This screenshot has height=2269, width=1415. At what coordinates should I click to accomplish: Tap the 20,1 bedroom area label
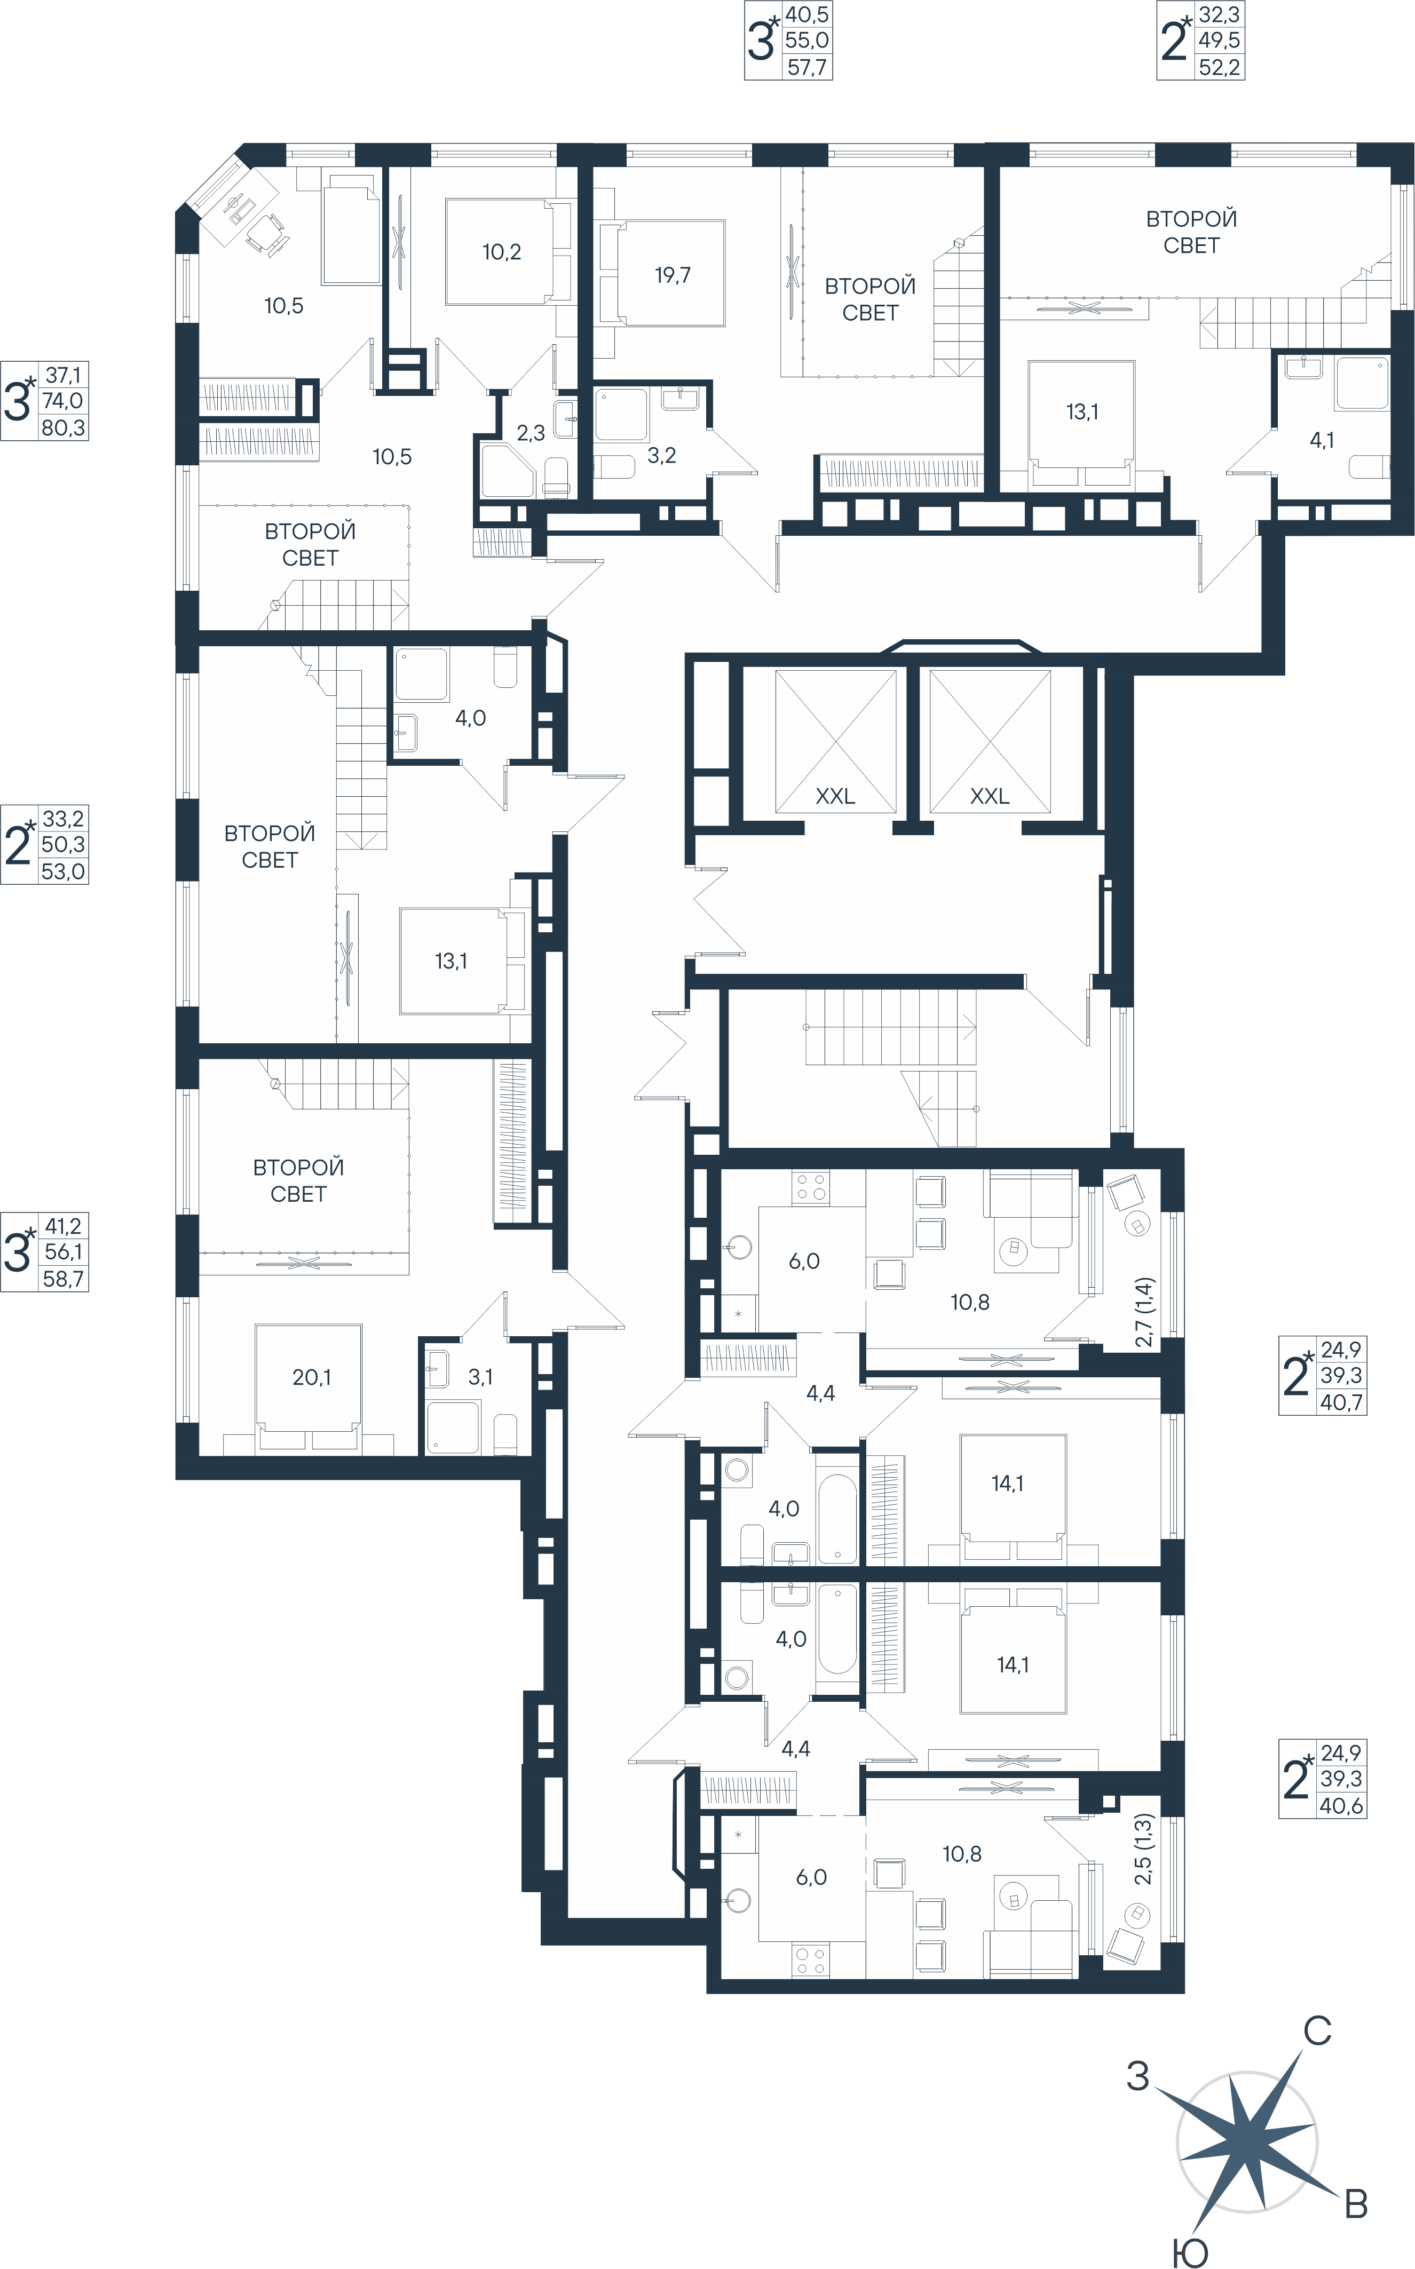point(312,1377)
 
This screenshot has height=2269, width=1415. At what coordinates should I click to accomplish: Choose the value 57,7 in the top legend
point(807,67)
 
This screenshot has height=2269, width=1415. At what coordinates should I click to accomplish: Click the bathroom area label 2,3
point(531,433)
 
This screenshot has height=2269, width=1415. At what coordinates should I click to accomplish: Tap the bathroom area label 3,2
point(662,456)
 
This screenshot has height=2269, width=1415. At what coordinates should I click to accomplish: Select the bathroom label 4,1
point(1322,440)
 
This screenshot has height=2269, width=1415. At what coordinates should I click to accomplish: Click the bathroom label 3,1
point(480,1377)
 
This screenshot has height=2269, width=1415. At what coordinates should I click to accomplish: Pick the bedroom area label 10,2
point(502,252)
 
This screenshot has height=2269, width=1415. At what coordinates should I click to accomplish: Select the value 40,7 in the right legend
point(1341,1402)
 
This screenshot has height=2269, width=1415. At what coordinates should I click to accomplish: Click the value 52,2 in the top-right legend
point(1220,67)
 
